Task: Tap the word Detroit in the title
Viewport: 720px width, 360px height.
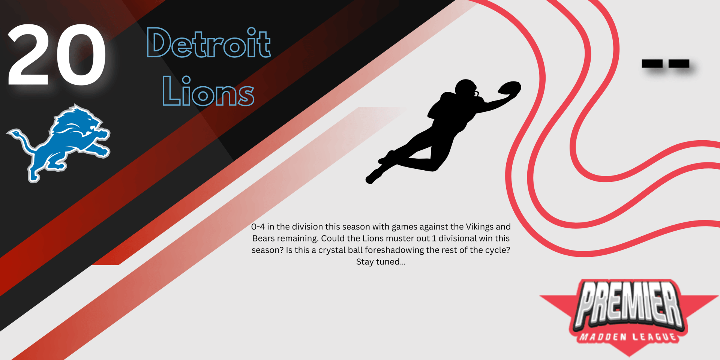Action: click(208, 43)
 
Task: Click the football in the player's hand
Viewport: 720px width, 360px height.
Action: click(510, 88)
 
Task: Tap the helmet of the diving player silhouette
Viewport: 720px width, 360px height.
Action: click(466, 88)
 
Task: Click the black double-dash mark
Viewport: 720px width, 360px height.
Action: click(665, 63)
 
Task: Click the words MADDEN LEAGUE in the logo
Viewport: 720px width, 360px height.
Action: click(628, 337)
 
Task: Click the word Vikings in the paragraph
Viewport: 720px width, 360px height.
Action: click(479, 227)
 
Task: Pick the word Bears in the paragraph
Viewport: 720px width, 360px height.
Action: click(263, 238)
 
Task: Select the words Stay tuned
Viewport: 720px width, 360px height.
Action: click(381, 262)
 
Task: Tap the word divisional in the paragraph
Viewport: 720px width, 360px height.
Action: click(456, 238)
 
